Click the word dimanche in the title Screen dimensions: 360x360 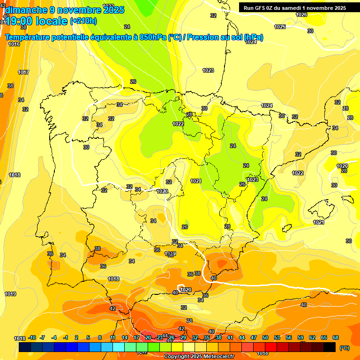(26, 10)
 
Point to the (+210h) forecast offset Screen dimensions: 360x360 (83, 21)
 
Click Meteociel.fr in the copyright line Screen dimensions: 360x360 (216, 357)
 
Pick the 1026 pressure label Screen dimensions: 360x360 (302, 15)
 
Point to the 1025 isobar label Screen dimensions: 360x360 (280, 27)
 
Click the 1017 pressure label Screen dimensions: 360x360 (23, 72)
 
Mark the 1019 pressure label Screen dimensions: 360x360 (10, 294)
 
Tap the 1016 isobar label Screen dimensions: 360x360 (14, 44)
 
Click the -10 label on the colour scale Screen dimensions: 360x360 (32, 337)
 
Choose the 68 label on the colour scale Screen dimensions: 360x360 (336, 337)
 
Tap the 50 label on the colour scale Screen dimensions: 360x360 (265, 337)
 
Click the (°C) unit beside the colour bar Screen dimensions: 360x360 (344, 347)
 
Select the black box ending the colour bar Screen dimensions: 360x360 (330, 347)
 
